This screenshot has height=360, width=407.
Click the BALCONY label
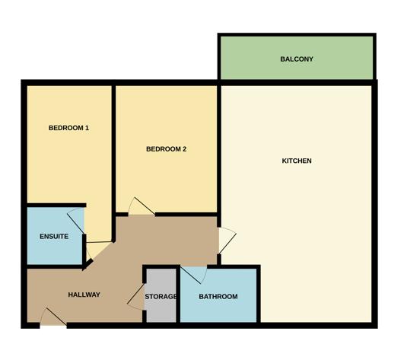297,59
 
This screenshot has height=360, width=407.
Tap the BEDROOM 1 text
68,128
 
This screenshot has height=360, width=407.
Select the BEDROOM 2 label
166,149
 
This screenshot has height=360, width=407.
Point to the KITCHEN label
297,161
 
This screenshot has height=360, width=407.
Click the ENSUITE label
54,237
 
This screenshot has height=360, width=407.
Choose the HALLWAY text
84,295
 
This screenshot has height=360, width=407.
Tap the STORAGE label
161,296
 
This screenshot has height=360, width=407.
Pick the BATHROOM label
218,296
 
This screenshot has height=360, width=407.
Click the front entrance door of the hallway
53,317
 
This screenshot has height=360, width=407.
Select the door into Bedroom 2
141,206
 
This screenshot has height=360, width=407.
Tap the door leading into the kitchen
227,241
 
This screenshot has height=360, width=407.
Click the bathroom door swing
194,275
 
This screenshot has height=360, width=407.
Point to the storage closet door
135,297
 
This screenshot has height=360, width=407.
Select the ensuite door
76,221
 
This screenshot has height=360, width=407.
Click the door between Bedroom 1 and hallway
99,250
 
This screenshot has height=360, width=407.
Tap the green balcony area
297,70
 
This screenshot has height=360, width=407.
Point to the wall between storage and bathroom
178,295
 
